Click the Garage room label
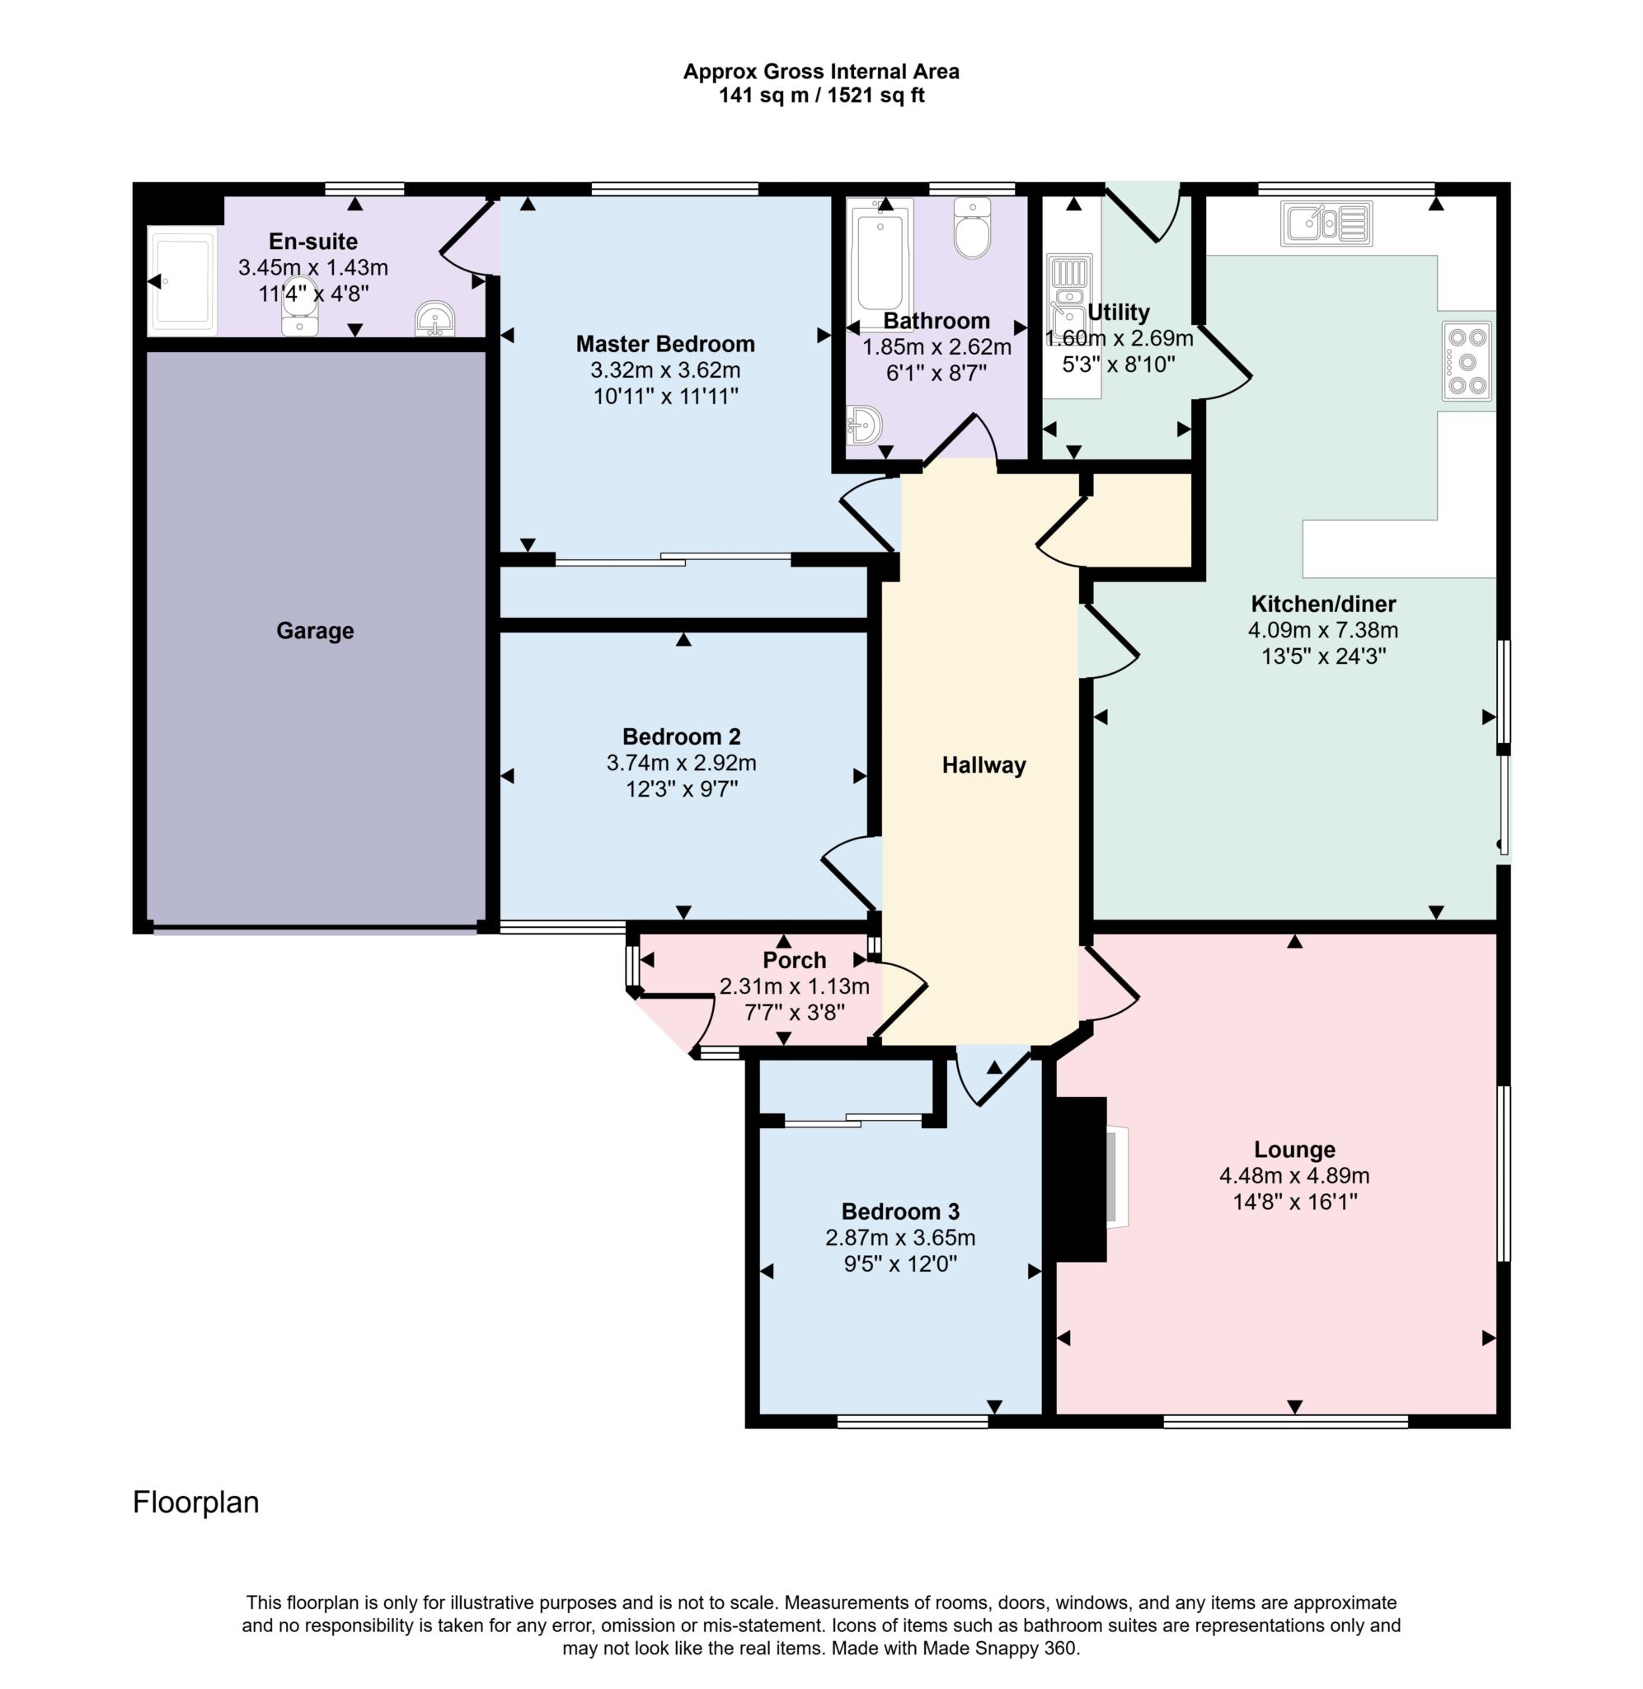[x=314, y=631]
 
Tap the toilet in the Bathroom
[x=973, y=228]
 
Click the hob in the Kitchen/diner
[x=1466, y=360]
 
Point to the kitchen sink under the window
[x=1326, y=223]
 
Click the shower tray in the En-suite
[x=181, y=280]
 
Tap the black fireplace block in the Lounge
[x=1077, y=1179]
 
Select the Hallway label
[x=983, y=765]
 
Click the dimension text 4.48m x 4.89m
[x=1293, y=1175]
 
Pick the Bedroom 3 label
[x=900, y=1211]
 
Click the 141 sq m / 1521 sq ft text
[x=820, y=96]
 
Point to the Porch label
[x=794, y=960]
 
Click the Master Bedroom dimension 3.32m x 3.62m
[x=664, y=370]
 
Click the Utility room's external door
[x=1143, y=211]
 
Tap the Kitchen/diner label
[x=1323, y=605]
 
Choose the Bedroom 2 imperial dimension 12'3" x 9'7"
[x=681, y=789]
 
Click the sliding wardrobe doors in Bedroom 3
[x=852, y=1120]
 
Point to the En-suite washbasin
[x=435, y=319]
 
